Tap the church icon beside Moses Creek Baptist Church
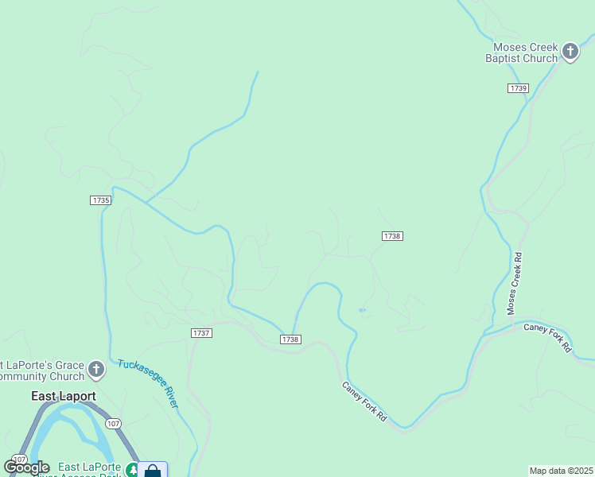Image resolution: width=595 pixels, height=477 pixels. click(x=570, y=52)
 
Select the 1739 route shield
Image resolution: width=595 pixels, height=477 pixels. click(x=518, y=88)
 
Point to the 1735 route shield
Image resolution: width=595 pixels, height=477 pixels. click(x=100, y=200)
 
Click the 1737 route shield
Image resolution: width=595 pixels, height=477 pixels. click(x=201, y=333)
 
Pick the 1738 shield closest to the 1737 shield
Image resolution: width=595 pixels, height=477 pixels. click(x=290, y=339)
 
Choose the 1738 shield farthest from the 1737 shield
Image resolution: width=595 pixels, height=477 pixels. click(x=392, y=236)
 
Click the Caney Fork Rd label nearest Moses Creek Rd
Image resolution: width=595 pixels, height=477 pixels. click(x=548, y=337)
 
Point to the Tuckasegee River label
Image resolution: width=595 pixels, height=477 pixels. click(x=148, y=383)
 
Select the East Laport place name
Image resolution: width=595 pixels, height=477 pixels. click(x=64, y=396)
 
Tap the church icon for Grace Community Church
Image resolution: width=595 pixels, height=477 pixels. click(x=96, y=370)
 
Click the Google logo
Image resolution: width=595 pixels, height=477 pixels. click(x=27, y=467)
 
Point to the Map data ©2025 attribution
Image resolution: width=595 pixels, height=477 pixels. click(x=562, y=471)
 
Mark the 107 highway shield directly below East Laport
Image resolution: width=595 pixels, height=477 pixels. click(x=114, y=424)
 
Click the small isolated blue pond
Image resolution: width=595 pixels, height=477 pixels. click(x=362, y=310)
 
